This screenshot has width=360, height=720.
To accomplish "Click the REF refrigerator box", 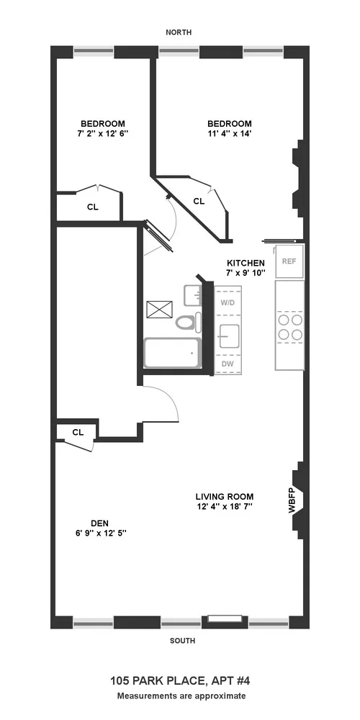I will tap(289, 261).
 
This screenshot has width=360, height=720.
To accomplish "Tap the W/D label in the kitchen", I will tap(228, 302).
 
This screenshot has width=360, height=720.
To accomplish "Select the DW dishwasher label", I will tap(228, 364).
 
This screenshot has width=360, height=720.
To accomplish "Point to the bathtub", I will tap(172, 354).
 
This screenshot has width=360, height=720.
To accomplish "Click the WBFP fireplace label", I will tap(292, 500).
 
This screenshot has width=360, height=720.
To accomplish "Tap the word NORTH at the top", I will tap(180, 32).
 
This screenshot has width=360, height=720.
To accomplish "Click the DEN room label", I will tap(99, 523).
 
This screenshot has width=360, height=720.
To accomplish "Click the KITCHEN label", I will tap(246, 263).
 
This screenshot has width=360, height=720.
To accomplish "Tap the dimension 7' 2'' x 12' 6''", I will tap(103, 133).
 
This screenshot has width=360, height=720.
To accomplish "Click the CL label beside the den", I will tap(78, 433).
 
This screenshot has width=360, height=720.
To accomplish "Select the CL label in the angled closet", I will tap(199, 202).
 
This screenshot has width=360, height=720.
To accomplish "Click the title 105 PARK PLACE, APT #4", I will tap(180, 680).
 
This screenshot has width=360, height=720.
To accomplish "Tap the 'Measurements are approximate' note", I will tap(181, 696).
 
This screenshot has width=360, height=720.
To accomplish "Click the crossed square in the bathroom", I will tap(157, 310).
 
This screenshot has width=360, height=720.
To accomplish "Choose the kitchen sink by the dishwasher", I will tap(229, 336).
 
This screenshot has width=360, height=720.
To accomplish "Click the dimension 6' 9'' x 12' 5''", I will tap(99, 534).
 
